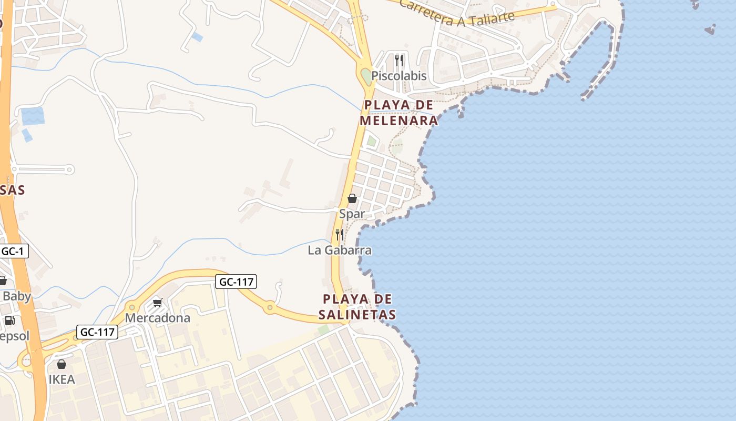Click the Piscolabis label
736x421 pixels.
click(398, 76)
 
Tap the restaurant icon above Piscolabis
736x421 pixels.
click(399, 60)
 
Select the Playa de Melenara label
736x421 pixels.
click(399, 113)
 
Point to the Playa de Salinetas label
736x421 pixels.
click(357, 307)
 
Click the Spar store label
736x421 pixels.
click(352, 214)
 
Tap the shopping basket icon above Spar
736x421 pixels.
click(352, 198)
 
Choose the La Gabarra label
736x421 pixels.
click(340, 250)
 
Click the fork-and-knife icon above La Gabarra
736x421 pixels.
click(340, 234)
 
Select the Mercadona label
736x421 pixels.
click(157, 318)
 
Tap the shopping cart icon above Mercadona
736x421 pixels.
click(157, 303)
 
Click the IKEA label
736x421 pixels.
click(62, 379)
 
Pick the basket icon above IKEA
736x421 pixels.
click(62, 364)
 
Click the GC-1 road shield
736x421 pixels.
click(12, 251)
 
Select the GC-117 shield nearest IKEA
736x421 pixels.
click(97, 332)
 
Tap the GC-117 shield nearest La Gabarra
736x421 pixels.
click(236, 282)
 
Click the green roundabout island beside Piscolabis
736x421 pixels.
click(366, 76)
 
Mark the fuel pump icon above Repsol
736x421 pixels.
click(9, 320)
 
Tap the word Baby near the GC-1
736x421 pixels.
click(17, 296)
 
